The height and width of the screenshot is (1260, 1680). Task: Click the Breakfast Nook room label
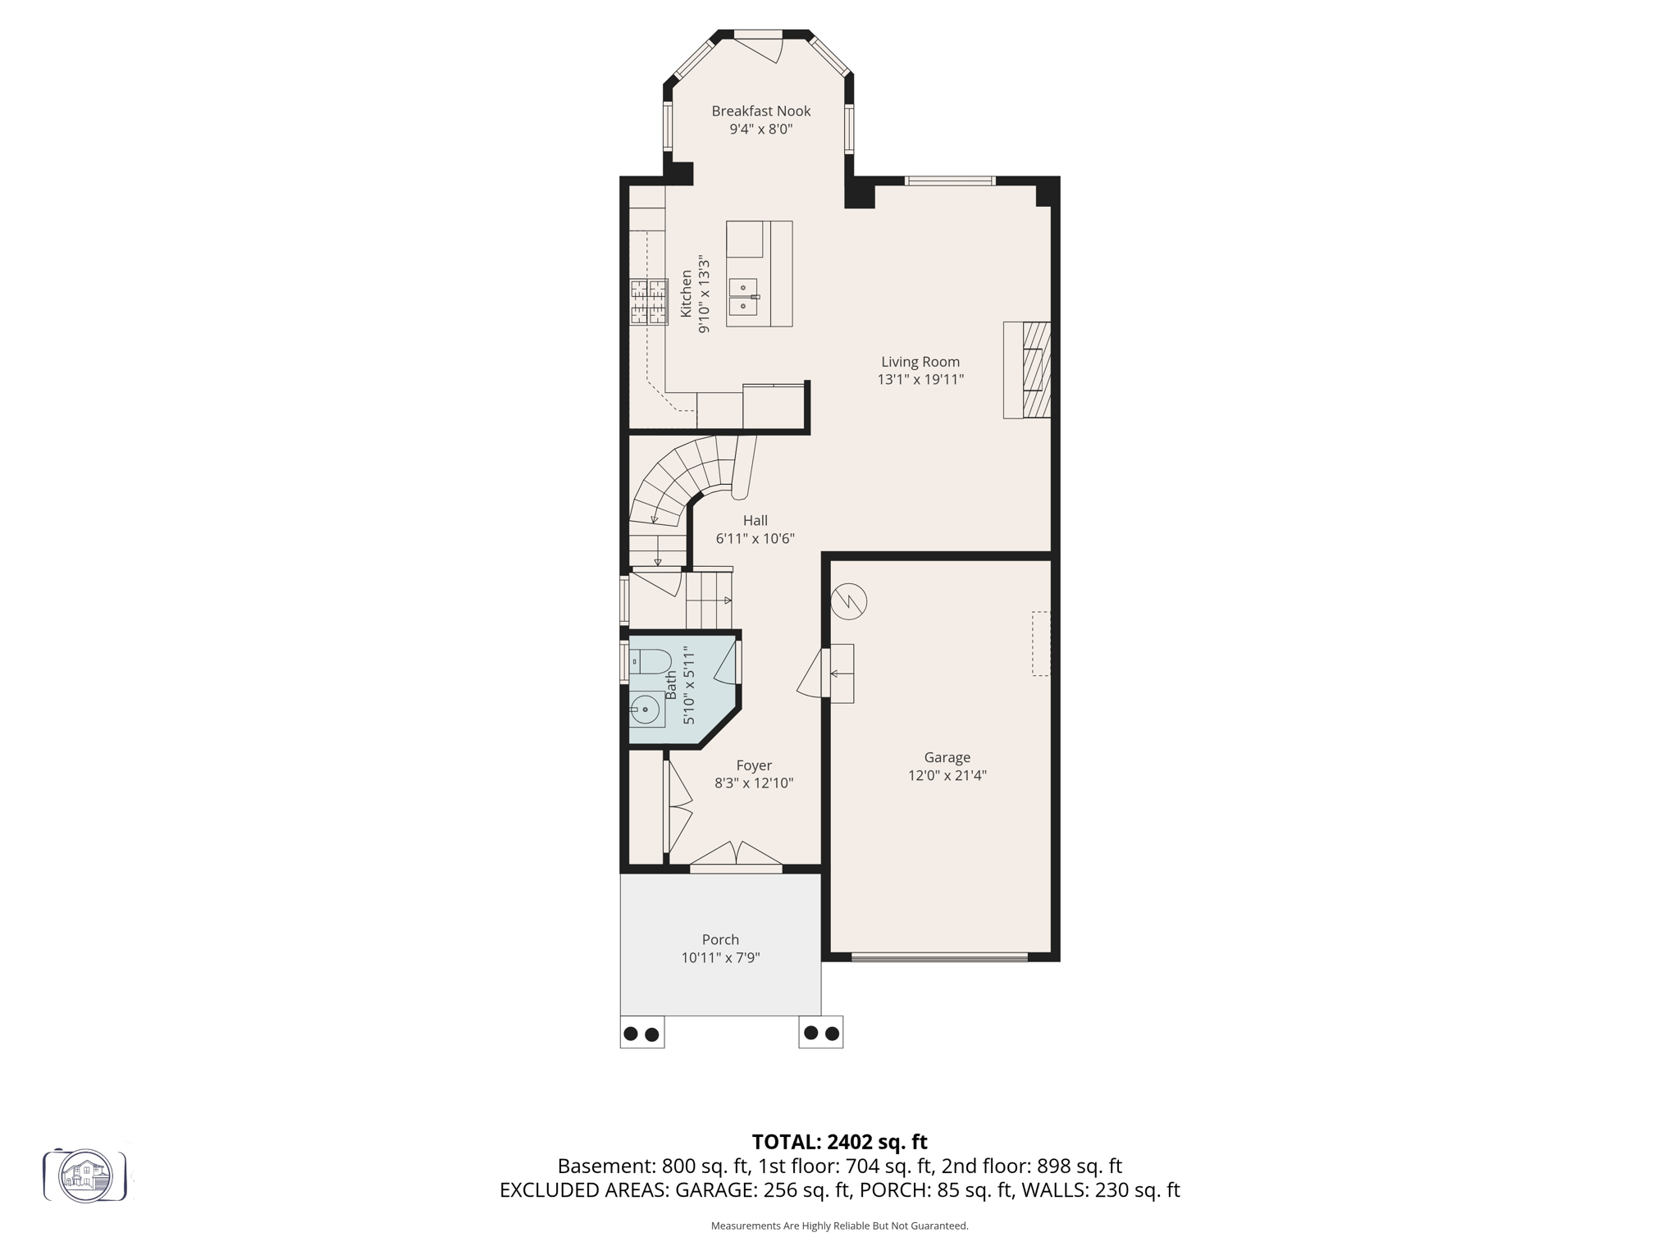[760, 111]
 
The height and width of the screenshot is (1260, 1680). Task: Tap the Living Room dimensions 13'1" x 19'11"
[920, 380]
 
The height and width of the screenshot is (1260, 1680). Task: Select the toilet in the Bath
[651, 661]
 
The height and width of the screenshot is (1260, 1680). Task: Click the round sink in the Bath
[646, 709]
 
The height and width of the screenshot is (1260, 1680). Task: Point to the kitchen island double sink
[743, 297]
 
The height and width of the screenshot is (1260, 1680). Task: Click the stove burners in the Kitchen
[648, 302]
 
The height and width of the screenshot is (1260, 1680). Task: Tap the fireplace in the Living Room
[1029, 370]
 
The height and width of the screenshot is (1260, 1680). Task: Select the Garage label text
[947, 757]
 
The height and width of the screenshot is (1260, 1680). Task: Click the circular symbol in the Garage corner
[848, 601]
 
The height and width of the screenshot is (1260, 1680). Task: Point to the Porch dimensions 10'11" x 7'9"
[720, 957]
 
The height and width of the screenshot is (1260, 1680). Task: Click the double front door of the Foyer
[736, 855]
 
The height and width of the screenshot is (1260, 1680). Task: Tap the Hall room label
[755, 520]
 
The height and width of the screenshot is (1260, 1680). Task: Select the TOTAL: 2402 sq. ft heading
[839, 1142]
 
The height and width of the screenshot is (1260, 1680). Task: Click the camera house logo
[85, 1176]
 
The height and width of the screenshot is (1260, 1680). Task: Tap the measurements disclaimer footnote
[839, 1226]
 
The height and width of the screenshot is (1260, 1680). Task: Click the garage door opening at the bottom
[939, 956]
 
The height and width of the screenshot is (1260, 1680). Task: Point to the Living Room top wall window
[950, 180]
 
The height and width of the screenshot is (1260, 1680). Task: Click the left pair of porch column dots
[641, 1034]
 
